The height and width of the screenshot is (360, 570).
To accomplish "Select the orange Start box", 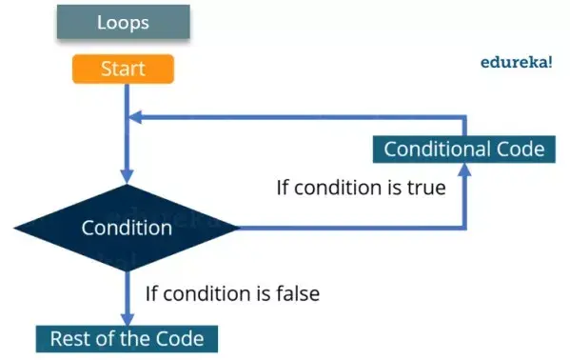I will point(123,69).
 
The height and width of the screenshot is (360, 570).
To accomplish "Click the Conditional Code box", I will point(463,149).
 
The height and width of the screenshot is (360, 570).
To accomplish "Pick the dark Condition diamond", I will point(126,228).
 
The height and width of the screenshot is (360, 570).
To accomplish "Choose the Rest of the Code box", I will point(127,338).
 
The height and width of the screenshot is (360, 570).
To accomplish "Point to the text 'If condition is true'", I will point(361,187).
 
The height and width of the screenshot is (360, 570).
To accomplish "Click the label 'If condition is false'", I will point(232,293).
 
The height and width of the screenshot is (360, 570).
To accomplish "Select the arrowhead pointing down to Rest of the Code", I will point(126,319).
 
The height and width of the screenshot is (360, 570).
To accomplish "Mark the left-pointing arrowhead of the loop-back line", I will point(136,117).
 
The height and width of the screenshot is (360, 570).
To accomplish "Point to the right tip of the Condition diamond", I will point(238,228).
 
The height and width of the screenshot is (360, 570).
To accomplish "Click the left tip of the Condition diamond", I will point(15,228).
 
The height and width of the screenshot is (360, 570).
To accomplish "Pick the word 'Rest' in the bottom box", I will point(69,338).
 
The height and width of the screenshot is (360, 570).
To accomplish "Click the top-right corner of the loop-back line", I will point(464,117).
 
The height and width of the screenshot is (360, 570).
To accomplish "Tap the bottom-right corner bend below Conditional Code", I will point(464,228).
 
